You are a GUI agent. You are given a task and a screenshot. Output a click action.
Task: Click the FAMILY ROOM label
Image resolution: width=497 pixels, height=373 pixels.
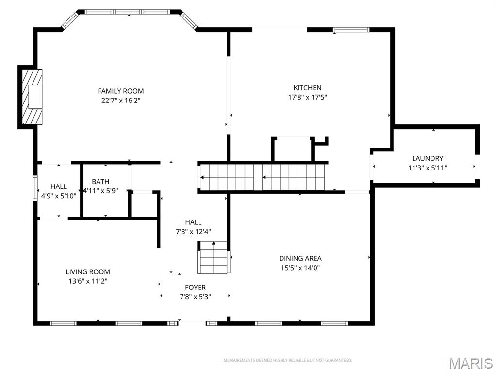point(121,91)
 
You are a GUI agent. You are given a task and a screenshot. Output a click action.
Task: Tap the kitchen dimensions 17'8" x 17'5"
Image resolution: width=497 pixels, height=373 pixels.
point(307,97)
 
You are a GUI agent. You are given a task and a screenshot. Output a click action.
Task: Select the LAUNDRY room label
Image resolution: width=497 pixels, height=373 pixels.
point(427,158)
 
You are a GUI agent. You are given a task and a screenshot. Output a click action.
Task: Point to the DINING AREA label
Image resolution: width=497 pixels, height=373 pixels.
point(300,258)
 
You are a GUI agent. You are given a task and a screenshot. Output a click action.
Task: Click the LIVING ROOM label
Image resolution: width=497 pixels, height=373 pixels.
point(88,272)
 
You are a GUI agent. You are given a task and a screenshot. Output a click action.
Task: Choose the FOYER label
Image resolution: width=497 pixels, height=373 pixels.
point(195,288)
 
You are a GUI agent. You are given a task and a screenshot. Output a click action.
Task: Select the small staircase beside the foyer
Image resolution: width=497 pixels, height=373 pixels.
point(213,257)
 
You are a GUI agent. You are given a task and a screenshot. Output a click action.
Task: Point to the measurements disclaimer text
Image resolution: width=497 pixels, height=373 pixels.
point(287,360)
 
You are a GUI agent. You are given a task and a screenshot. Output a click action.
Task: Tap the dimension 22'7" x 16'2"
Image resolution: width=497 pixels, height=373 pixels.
point(121,101)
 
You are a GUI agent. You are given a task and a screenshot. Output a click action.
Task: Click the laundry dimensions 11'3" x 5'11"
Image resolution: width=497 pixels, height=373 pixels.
point(427,168)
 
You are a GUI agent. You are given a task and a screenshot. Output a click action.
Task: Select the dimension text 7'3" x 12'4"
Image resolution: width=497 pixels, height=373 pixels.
point(193,232)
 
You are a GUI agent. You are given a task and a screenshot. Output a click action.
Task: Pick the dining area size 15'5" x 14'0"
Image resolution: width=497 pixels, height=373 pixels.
point(300,268)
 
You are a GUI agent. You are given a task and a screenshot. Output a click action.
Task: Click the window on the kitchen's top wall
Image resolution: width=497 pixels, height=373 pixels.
point(351,30)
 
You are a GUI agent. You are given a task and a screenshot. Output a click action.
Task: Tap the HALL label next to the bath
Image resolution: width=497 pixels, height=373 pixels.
point(59,186)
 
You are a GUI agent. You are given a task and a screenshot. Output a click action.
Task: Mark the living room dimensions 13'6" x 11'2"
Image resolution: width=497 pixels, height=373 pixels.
point(88,281)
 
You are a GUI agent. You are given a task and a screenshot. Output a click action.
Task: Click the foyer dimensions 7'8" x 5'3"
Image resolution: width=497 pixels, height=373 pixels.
point(195,297)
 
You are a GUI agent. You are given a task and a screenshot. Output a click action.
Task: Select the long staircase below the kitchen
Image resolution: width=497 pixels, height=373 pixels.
point(263,177)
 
